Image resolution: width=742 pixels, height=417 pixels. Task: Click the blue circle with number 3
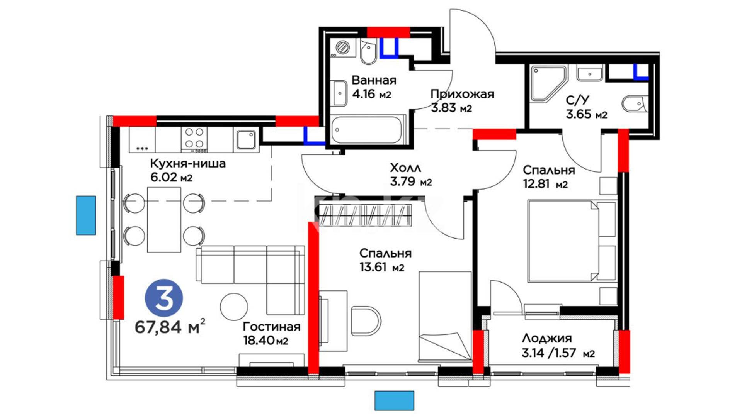point(164,298)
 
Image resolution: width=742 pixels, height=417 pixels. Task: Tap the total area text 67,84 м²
point(170,327)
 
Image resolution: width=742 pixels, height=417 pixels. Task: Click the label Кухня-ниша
point(188,163)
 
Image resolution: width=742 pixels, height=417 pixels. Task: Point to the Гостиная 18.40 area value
point(265,341)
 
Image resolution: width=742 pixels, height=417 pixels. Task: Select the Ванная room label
point(374,80)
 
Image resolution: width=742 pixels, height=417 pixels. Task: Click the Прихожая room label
point(462,94)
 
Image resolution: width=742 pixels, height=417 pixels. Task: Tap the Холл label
point(405,168)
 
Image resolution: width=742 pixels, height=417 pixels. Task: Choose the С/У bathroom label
point(578,100)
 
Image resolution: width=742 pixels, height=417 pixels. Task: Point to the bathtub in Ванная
point(366,130)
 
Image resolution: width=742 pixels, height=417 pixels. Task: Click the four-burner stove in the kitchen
point(194,139)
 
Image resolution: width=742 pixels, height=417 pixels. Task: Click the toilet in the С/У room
point(635,103)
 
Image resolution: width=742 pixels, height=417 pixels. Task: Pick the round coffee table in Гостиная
point(234,307)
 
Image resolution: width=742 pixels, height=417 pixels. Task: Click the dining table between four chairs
point(164,220)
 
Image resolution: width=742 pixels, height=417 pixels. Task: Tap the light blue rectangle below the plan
point(394,400)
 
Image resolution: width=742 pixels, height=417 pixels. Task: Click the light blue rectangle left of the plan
point(86,215)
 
